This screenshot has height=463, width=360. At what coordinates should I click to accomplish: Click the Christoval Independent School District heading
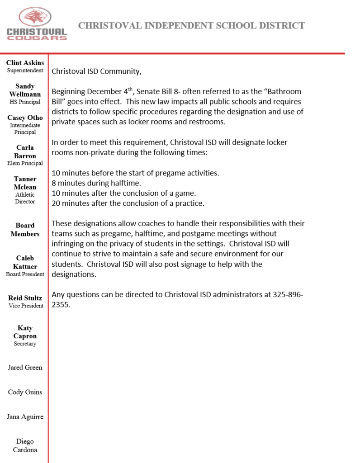pos(191,26)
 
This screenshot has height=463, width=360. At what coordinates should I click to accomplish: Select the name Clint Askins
pos(25,62)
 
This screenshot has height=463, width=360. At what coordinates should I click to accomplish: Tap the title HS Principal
pos(25,102)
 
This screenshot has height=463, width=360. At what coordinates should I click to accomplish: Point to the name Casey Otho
pos(25,118)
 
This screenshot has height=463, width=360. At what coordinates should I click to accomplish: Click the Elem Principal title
pos(25,163)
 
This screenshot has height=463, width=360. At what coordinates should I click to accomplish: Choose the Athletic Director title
pos(25,198)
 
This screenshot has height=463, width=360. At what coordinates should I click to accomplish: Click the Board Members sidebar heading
pos(25,229)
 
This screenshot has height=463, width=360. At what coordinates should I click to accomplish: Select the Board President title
pos(25,274)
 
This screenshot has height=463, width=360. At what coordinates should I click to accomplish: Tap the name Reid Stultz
pos(25,298)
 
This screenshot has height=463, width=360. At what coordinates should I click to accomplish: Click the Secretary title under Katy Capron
pos(25,344)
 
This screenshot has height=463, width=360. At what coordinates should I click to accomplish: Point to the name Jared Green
pos(25,368)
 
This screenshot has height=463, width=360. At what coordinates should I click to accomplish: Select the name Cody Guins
pos(25,392)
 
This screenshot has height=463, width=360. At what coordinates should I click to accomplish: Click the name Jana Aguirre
pos(25,416)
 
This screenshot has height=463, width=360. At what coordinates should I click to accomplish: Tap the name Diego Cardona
pos(25,445)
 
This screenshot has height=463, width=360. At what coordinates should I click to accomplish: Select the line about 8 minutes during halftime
pos(96,183)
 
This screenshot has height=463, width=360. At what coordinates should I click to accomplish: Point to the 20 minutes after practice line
pos(128,203)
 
